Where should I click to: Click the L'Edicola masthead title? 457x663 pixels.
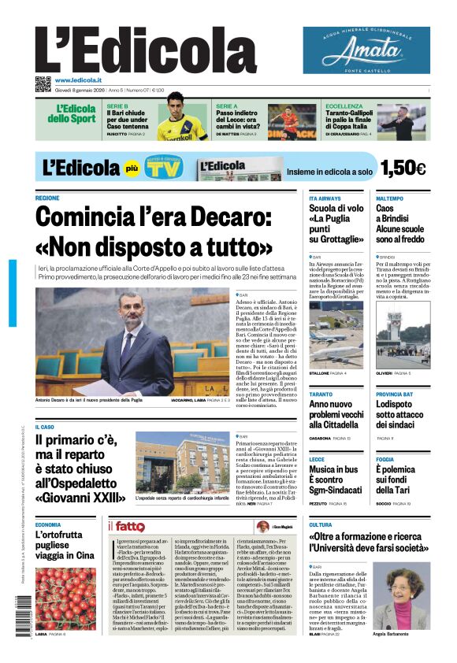pyautogui.click(x=147, y=50)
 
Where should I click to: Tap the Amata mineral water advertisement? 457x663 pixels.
pyautogui.click(x=366, y=50)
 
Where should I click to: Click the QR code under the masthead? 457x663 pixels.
pyautogui.click(x=42, y=83)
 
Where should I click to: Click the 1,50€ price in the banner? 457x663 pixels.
pyautogui.click(x=403, y=168)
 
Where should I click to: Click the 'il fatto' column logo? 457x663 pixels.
pyautogui.click(x=126, y=526)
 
